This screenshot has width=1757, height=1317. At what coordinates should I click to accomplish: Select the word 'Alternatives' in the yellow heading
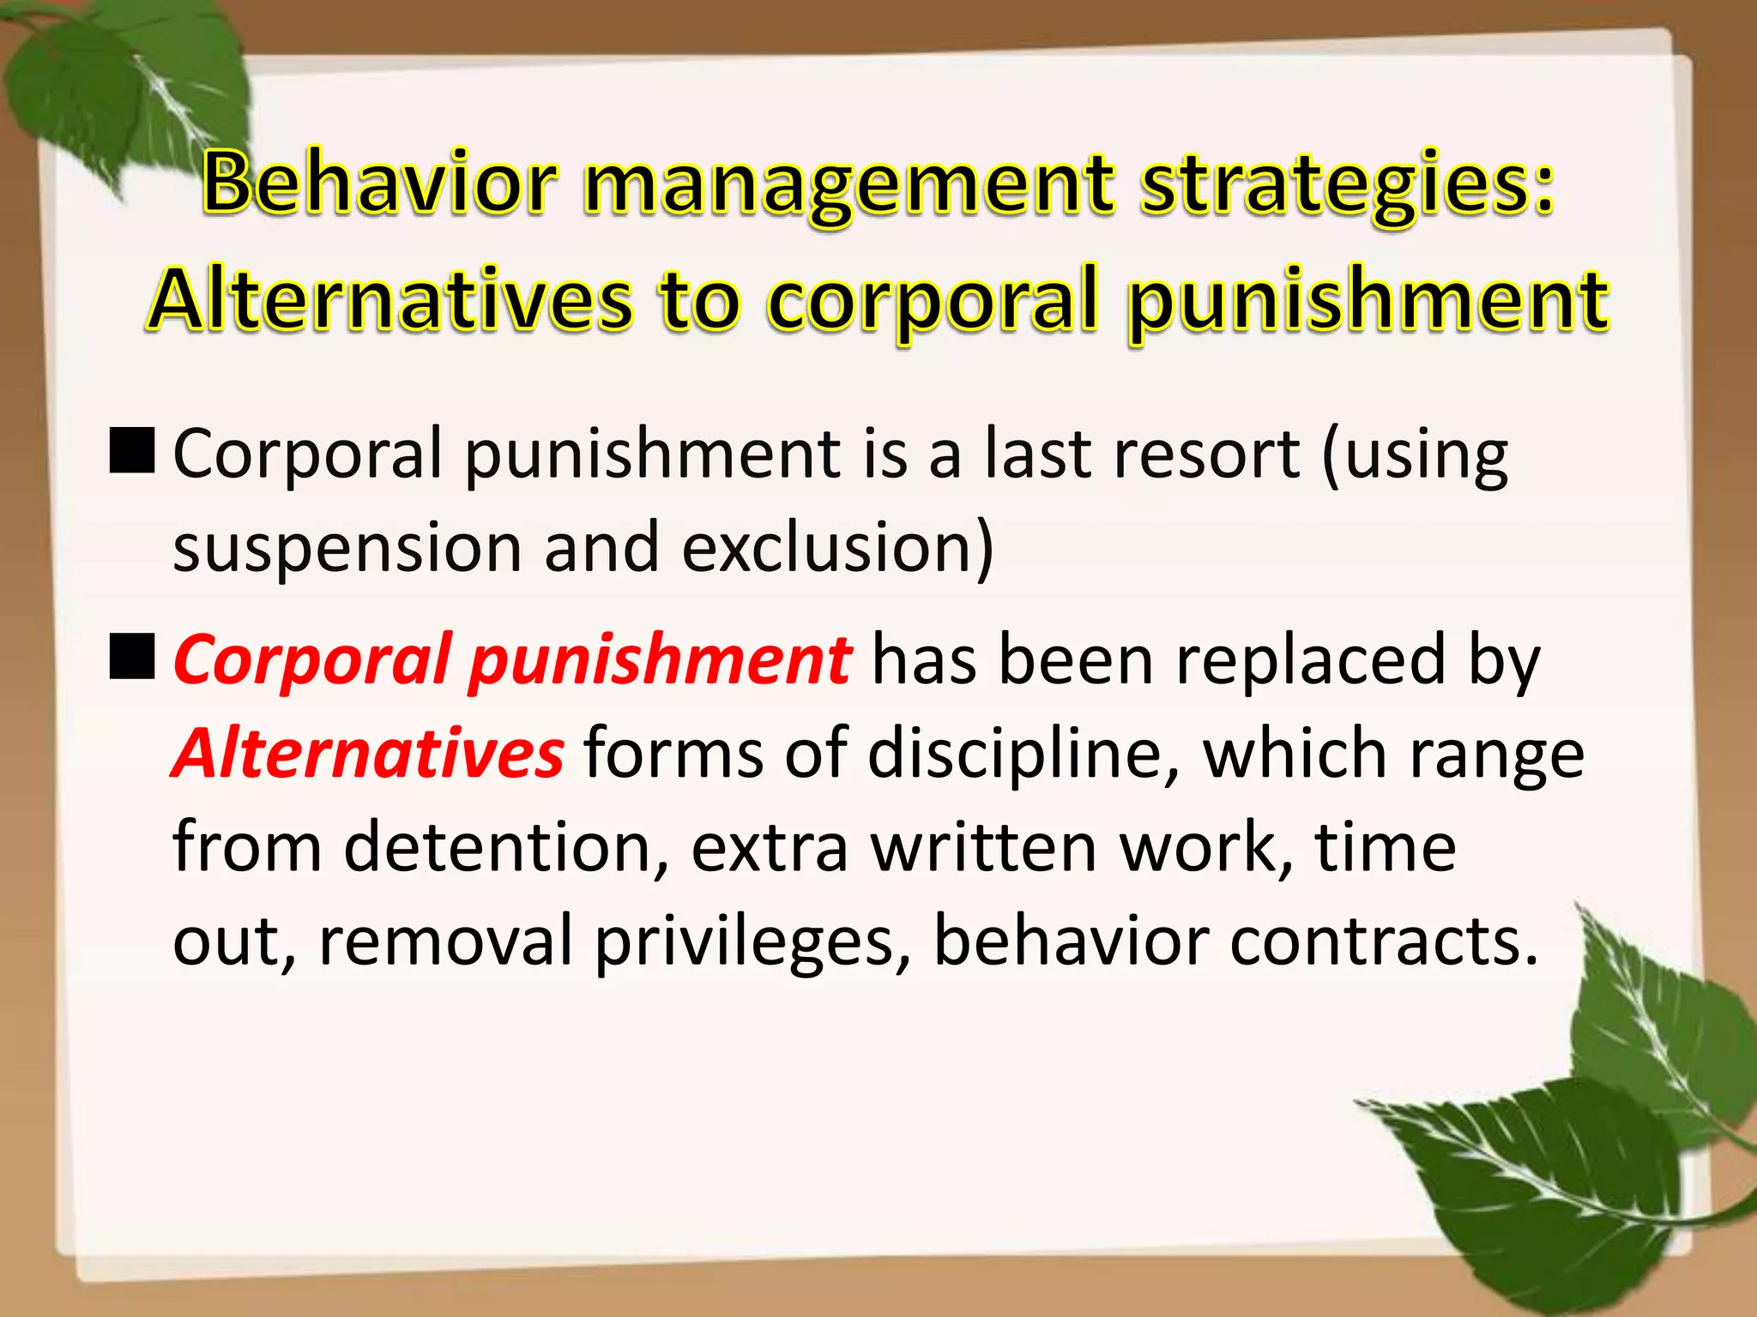391,300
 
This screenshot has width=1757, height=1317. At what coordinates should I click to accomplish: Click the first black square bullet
132,451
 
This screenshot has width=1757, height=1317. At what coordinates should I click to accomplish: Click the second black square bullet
132,657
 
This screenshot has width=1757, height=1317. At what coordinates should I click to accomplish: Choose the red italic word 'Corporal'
312,660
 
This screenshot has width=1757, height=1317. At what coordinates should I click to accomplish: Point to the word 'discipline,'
1024,754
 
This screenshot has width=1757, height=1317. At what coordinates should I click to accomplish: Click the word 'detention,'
507,847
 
